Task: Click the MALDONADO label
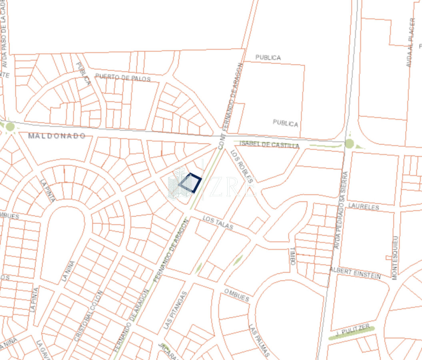(x=57, y=136)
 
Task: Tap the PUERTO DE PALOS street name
(x=123, y=78)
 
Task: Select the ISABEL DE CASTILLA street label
(x=269, y=144)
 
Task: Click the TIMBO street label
(x=292, y=256)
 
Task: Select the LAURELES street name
(x=364, y=207)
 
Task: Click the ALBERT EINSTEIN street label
(x=355, y=273)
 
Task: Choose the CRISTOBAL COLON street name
(x=88, y=316)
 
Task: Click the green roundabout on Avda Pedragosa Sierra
(x=350, y=143)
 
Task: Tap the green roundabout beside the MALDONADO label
(x=10, y=127)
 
